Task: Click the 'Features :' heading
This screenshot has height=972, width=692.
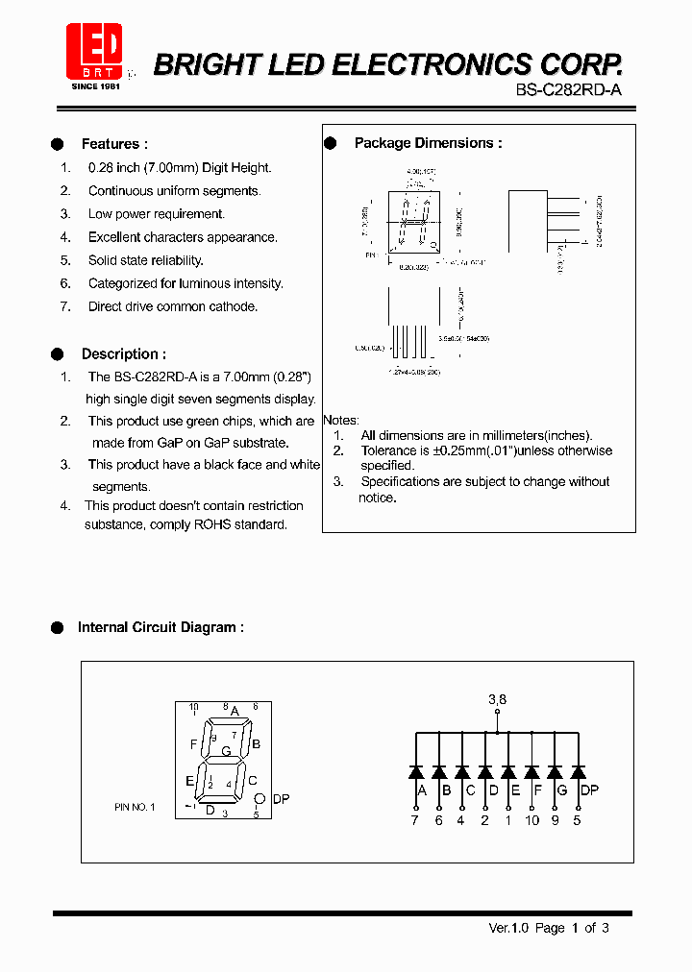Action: [114, 144]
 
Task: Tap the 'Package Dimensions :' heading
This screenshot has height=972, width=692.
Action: [428, 143]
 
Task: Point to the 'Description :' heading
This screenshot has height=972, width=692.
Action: [123, 354]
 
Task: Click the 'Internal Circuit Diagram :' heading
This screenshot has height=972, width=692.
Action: [161, 627]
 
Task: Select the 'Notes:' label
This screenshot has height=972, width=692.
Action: [341, 421]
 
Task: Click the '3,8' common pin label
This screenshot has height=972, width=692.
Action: [497, 700]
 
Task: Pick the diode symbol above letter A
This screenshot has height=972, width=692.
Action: [416, 771]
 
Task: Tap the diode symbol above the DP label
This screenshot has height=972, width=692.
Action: [578, 771]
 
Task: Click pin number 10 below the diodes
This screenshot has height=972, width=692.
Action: [531, 820]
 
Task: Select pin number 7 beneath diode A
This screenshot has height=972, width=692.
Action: [415, 820]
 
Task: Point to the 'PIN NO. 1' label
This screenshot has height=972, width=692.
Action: [134, 808]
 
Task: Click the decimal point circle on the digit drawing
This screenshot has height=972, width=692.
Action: [259, 798]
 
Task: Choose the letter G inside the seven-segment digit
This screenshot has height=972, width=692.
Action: [226, 751]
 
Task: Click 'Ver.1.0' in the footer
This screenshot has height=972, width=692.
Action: [507, 928]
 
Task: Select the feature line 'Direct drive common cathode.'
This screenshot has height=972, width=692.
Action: [173, 306]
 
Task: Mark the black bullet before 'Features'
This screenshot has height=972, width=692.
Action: [58, 144]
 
